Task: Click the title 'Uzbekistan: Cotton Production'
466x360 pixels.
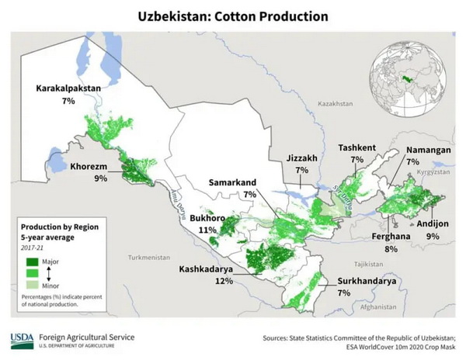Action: [x=232, y=16]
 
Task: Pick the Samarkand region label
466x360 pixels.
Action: [x=233, y=182]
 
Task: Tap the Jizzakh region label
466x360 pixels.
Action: [x=301, y=158]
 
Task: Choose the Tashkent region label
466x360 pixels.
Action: [x=356, y=147]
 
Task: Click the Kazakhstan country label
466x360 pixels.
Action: [x=335, y=103]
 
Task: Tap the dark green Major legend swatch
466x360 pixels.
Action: [x=32, y=262]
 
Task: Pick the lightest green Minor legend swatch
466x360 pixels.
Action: [x=32, y=284]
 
